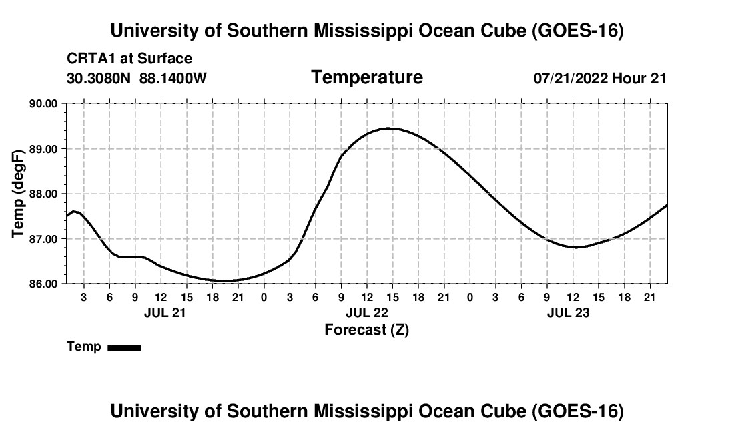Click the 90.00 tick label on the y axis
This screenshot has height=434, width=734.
pyautogui.click(x=43, y=103)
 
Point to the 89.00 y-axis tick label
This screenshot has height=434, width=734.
pyautogui.click(x=43, y=149)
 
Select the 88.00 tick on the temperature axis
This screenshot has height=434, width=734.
pyautogui.click(x=43, y=194)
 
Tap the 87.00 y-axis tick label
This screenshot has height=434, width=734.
pyautogui.click(x=43, y=239)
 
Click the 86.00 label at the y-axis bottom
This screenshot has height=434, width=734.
pyautogui.click(x=43, y=284)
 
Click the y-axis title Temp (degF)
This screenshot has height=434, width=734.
pyautogui.click(x=18, y=194)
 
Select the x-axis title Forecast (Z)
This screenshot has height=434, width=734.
pyautogui.click(x=367, y=330)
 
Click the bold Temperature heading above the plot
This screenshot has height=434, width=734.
pyautogui.click(x=367, y=77)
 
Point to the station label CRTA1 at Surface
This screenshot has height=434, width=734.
pyautogui.click(x=129, y=59)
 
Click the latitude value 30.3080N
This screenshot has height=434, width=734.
pyautogui.click(x=99, y=78)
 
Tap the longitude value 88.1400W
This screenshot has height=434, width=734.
pyautogui.click(x=173, y=78)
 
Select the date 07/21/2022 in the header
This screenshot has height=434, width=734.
pyautogui.click(x=571, y=78)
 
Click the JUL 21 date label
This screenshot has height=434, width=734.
pyautogui.click(x=165, y=312)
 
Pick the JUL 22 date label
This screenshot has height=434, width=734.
pyautogui.click(x=367, y=312)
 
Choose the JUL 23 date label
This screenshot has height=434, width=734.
pyautogui.click(x=569, y=312)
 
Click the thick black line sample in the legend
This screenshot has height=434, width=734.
pyautogui.click(x=125, y=347)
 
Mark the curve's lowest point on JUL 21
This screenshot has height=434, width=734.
pyautogui.click(x=224, y=281)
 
